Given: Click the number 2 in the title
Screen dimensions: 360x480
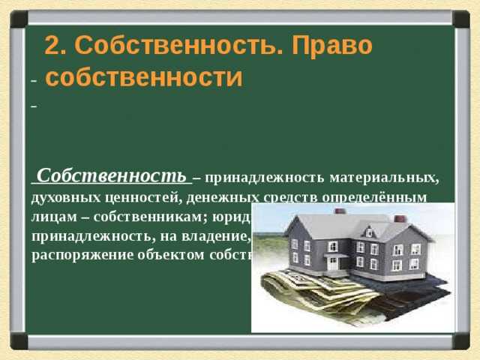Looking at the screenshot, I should click(x=52, y=46).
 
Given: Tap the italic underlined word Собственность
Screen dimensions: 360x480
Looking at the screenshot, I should click(x=111, y=176).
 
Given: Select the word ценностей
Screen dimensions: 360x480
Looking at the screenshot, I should click(x=140, y=197).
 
